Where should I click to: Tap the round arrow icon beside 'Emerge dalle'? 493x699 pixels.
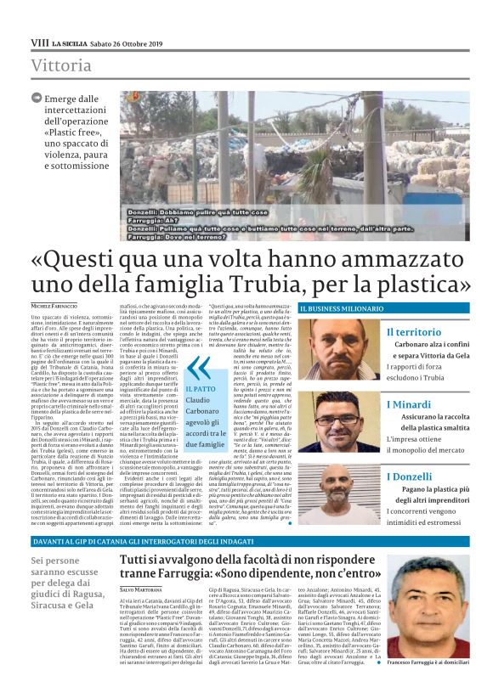coord(37,99)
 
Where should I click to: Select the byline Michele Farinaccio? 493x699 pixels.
coord(54,305)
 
